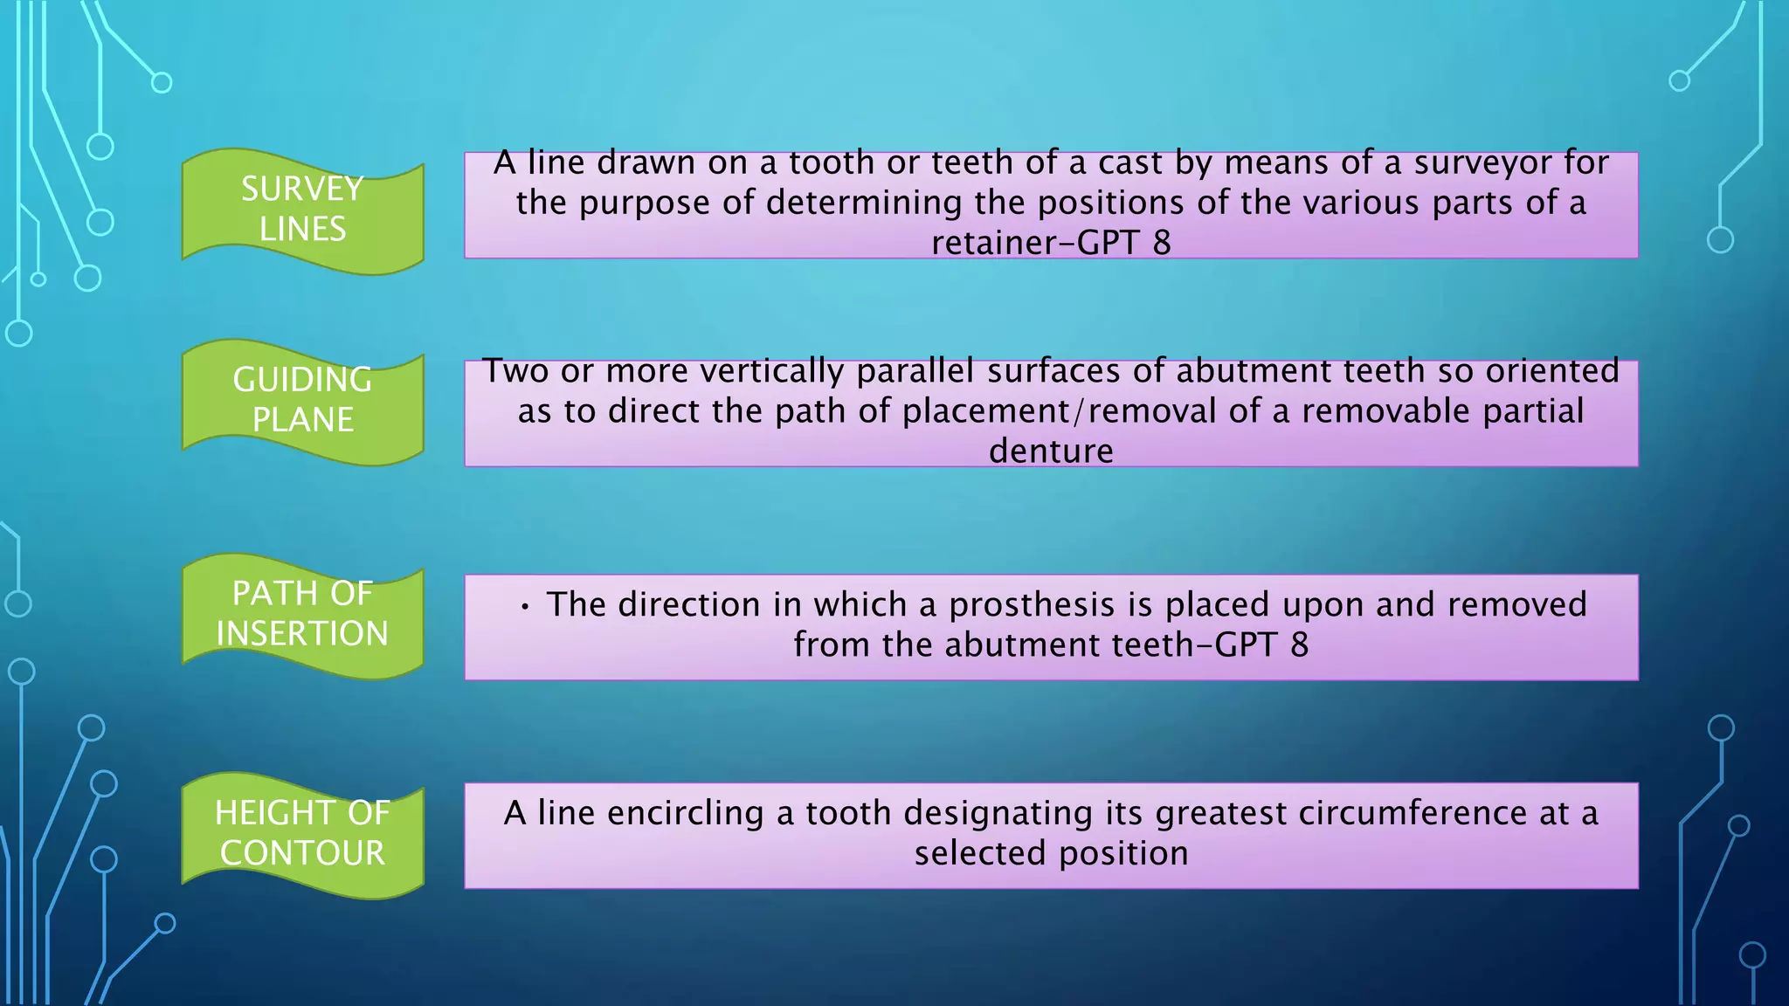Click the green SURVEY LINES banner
pos(302,210)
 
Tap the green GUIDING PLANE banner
pos(302,401)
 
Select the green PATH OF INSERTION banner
pos(302,614)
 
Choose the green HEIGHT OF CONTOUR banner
pos(302,833)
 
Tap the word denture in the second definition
pos(1051,451)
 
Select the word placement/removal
pos(1060,411)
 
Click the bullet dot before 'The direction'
pos(524,607)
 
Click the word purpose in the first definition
pos(645,203)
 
